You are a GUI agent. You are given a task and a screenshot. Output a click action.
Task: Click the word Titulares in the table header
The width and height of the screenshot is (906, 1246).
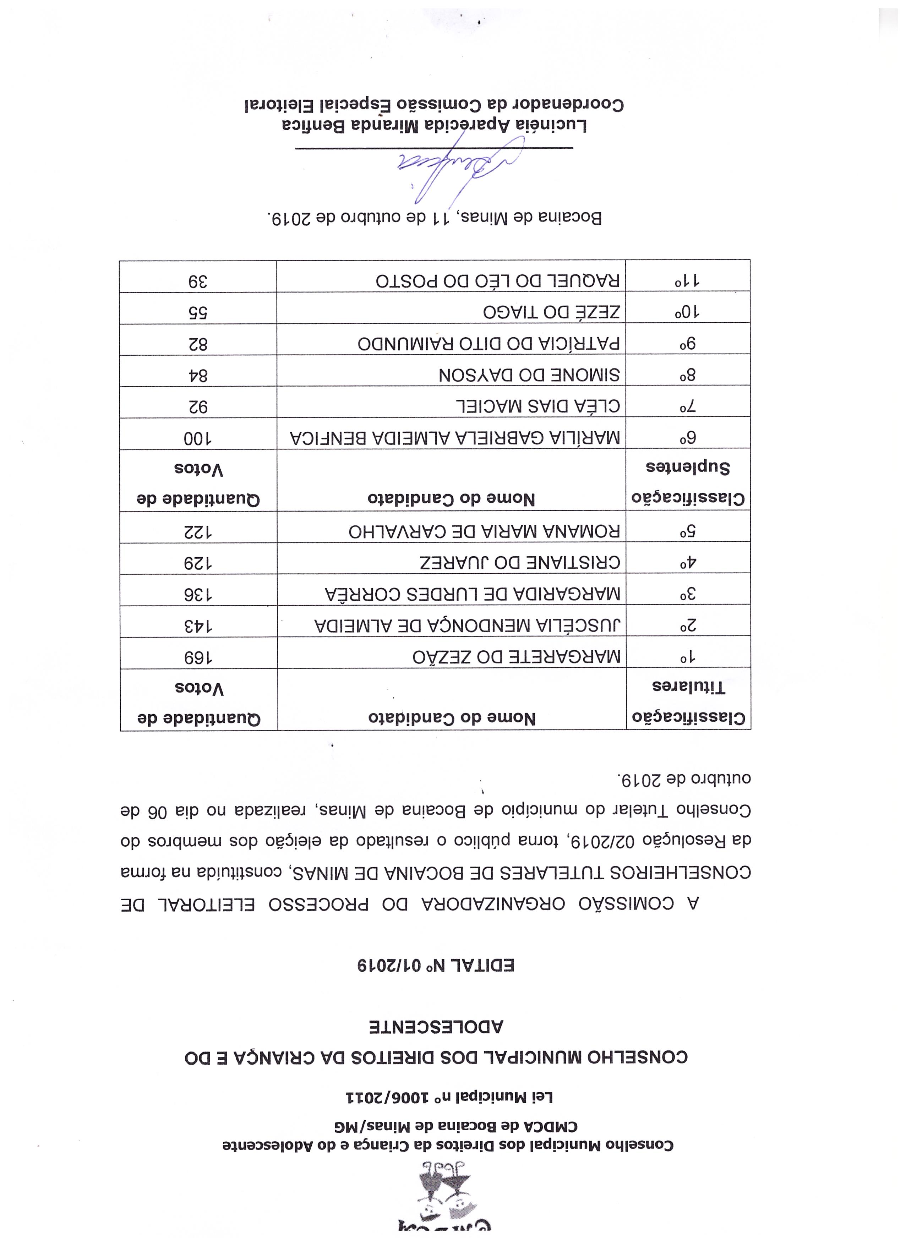[688, 687]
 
